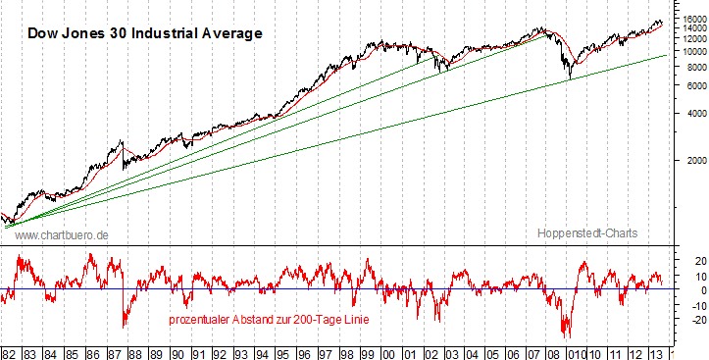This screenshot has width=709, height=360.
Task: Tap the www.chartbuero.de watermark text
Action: [x=62, y=234]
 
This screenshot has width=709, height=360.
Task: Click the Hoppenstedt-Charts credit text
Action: [x=587, y=234]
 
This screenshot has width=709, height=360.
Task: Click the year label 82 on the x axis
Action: [x=9, y=351]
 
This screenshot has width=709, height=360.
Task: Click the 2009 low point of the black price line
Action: [x=569, y=79]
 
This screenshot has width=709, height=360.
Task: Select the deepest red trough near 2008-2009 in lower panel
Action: [x=566, y=336]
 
